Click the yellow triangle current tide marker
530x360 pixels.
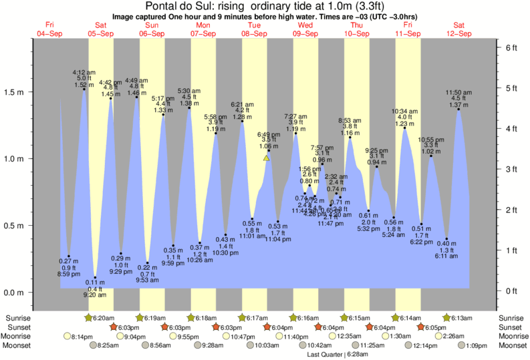[267, 158]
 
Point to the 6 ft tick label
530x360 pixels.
[511, 48]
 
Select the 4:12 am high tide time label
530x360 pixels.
[83, 71]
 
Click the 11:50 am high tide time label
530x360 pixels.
[458, 92]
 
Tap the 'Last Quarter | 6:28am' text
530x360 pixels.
[327, 354]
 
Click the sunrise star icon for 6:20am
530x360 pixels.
[89, 318]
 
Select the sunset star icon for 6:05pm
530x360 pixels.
[421, 327]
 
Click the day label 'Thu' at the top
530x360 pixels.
[356, 25]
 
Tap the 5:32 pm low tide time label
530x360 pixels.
[368, 229]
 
